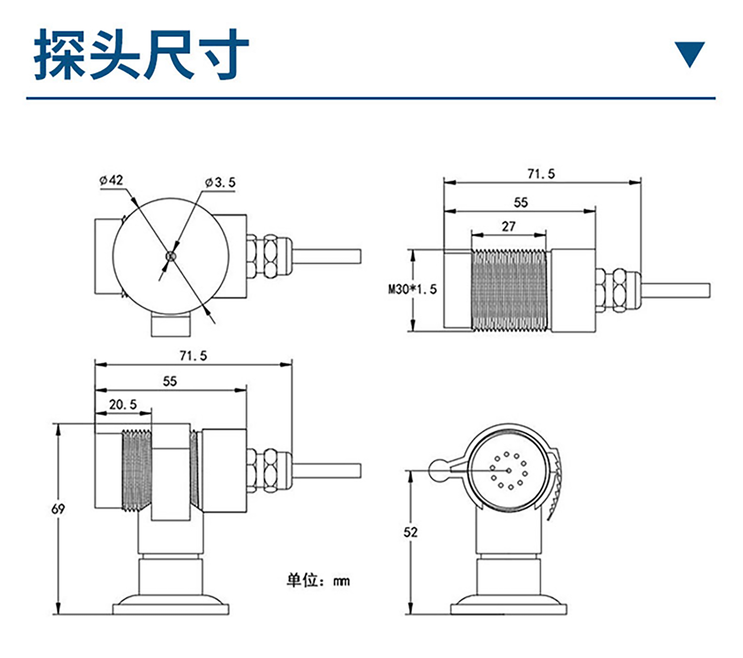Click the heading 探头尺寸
(x=141, y=55)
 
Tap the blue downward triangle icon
(x=690, y=54)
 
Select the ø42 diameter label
(x=111, y=180)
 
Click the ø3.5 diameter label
(x=220, y=182)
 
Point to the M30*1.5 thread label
(x=412, y=289)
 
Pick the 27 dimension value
(x=509, y=226)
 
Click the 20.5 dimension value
(x=123, y=404)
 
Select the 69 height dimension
(x=58, y=509)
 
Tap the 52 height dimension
(x=411, y=532)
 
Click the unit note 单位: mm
(x=318, y=580)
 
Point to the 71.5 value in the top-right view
(x=541, y=174)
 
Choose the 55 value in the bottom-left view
(x=170, y=381)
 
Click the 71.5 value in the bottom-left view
(x=193, y=356)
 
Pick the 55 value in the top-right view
(x=520, y=202)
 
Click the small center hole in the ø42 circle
(x=171, y=256)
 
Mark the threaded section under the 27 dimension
(x=509, y=290)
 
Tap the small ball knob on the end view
(x=439, y=470)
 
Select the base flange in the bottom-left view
(x=171, y=609)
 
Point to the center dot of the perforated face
(x=509, y=471)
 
